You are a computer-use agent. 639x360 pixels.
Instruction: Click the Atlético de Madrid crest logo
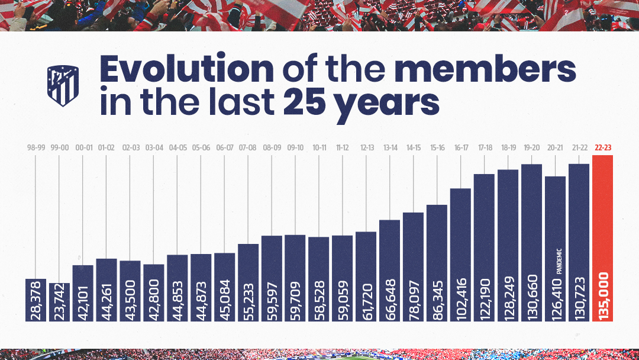62,86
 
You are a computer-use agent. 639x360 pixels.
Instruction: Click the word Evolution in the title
186,70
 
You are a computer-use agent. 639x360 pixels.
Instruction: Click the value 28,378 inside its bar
36,300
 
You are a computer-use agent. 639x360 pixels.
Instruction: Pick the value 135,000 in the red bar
603,296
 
